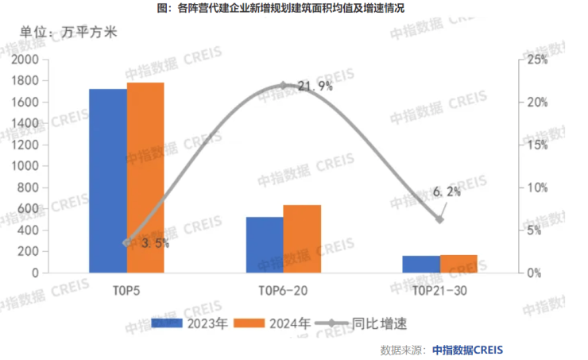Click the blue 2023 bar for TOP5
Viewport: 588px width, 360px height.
(107, 180)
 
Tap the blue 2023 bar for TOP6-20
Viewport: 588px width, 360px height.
(264, 244)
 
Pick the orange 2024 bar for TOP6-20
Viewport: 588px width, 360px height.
(302, 238)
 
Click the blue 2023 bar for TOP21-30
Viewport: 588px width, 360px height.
(420, 264)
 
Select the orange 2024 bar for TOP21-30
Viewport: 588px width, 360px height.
(458, 264)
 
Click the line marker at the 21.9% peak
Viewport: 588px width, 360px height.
(284, 86)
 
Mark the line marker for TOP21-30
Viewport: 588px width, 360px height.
(439, 219)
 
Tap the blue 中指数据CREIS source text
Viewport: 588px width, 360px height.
(467, 350)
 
